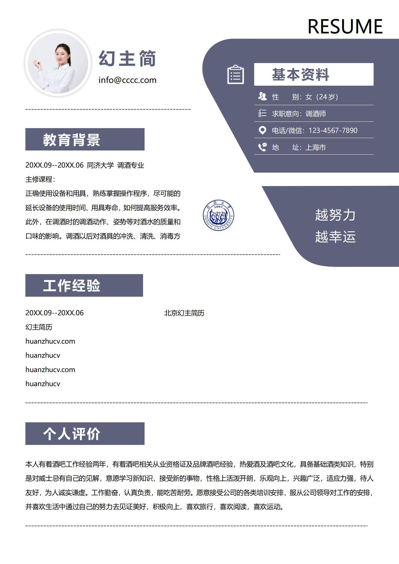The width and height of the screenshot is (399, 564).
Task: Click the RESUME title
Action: point(345,26)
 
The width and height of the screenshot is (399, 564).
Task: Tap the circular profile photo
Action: point(58,63)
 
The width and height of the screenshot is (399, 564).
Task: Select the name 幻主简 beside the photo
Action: point(127,58)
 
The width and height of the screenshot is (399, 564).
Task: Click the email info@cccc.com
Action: point(127,80)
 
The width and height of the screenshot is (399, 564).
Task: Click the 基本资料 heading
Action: point(301,75)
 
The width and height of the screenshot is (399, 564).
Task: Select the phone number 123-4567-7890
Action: point(333,130)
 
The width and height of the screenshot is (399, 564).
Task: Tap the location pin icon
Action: point(262,130)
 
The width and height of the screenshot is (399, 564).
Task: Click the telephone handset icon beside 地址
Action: point(262,147)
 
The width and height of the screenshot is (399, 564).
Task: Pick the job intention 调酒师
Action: point(316,114)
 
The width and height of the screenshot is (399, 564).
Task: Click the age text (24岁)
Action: point(327,97)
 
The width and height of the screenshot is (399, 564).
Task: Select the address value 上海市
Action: point(316,147)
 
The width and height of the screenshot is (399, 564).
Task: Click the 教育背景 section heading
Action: point(72,140)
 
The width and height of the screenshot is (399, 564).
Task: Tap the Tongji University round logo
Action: point(218,216)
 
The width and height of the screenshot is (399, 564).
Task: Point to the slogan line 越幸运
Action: point(335,237)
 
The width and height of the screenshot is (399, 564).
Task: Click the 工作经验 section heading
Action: point(72,285)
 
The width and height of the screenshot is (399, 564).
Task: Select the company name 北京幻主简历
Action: point(184,313)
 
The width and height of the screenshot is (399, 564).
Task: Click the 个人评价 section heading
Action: point(72,434)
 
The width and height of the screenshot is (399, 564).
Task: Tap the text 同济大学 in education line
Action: point(100,165)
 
